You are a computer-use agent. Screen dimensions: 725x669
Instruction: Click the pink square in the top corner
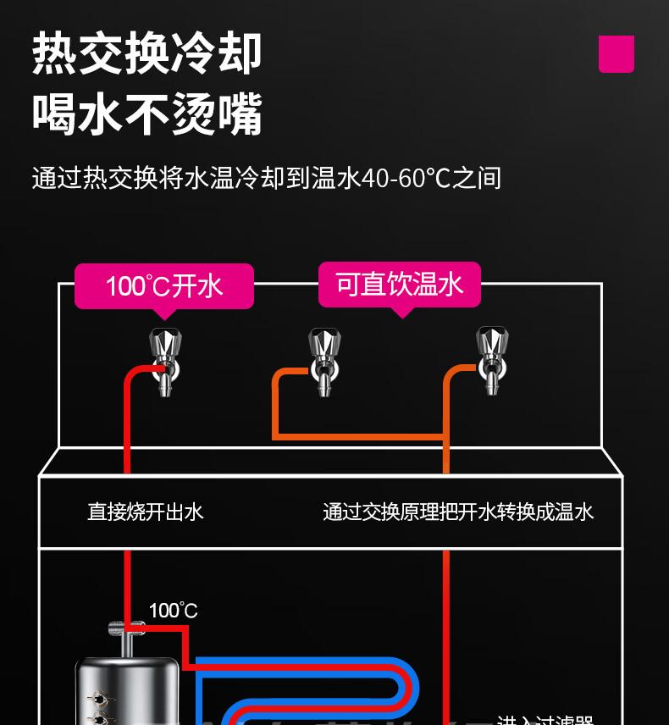click(616, 54)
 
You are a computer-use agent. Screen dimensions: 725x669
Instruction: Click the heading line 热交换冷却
click(147, 54)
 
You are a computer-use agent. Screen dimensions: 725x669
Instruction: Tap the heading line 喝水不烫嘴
click(147, 113)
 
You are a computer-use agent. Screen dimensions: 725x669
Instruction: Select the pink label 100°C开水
click(164, 286)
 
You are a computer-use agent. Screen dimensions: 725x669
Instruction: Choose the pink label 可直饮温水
click(400, 284)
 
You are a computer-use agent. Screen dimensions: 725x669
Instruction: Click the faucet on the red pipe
click(164, 361)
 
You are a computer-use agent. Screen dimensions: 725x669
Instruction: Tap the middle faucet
click(323, 361)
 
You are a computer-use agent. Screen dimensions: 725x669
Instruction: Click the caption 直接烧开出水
click(146, 512)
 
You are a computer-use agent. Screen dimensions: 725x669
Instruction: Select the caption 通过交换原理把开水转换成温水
click(458, 512)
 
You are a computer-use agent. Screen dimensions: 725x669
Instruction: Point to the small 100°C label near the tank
click(173, 611)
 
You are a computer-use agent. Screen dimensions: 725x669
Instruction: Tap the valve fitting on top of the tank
click(125, 632)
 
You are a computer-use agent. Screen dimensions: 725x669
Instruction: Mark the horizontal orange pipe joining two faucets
click(360, 437)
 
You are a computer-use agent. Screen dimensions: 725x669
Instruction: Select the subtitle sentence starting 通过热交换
click(266, 178)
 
